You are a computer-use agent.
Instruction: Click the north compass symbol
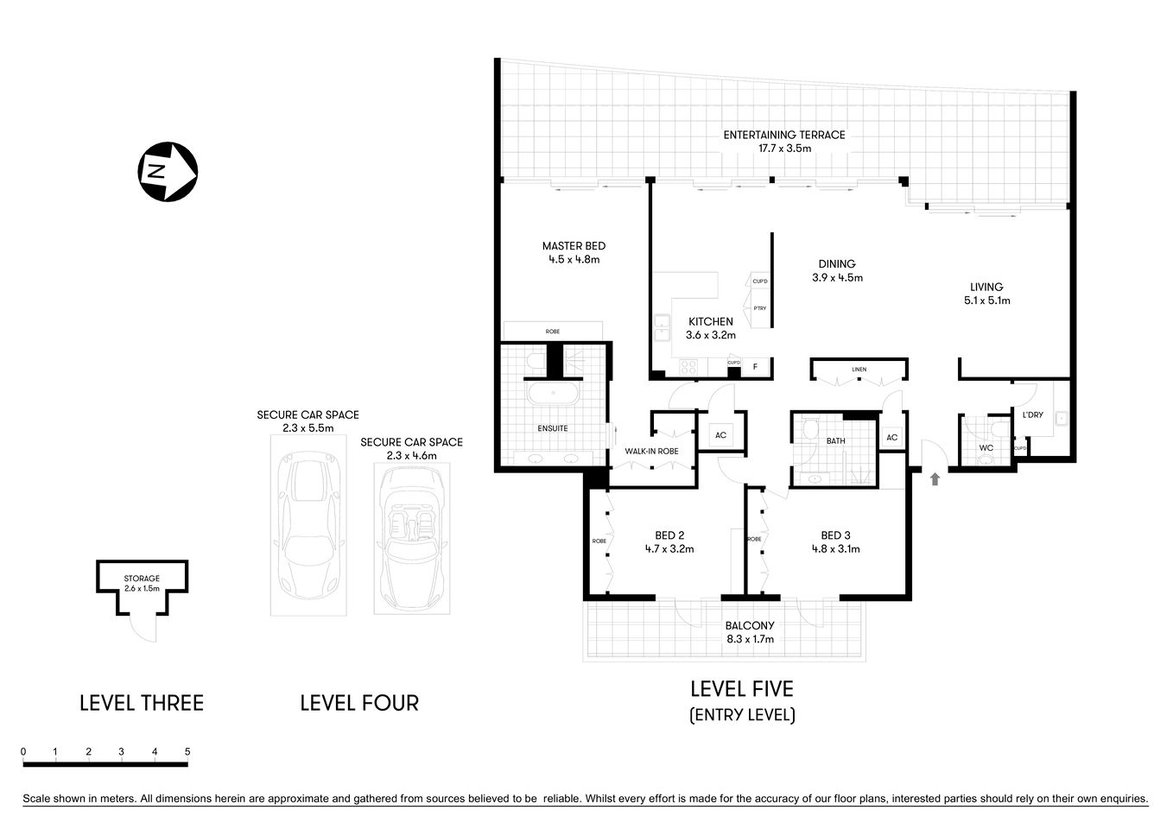tap(168, 171)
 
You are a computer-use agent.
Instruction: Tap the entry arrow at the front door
tap(934, 478)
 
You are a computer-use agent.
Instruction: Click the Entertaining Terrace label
tap(783, 135)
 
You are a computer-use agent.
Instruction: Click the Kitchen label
tap(710, 321)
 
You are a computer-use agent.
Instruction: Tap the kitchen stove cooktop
tap(688, 367)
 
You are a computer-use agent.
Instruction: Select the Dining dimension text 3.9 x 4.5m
tap(836, 278)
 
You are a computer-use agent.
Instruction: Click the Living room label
tap(986, 287)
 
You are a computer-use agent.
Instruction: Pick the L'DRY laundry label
tap(1032, 415)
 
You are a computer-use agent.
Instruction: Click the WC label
tap(986, 448)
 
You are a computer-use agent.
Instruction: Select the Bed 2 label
tap(669, 535)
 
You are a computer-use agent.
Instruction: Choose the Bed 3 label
tap(835, 535)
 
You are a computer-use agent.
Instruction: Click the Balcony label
tap(749, 625)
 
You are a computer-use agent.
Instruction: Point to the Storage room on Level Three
tap(142, 583)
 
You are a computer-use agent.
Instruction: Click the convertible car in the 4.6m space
tap(412, 540)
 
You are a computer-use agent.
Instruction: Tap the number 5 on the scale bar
tap(187, 752)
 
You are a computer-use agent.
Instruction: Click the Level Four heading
tap(358, 703)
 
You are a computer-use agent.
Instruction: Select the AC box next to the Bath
tap(891, 438)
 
